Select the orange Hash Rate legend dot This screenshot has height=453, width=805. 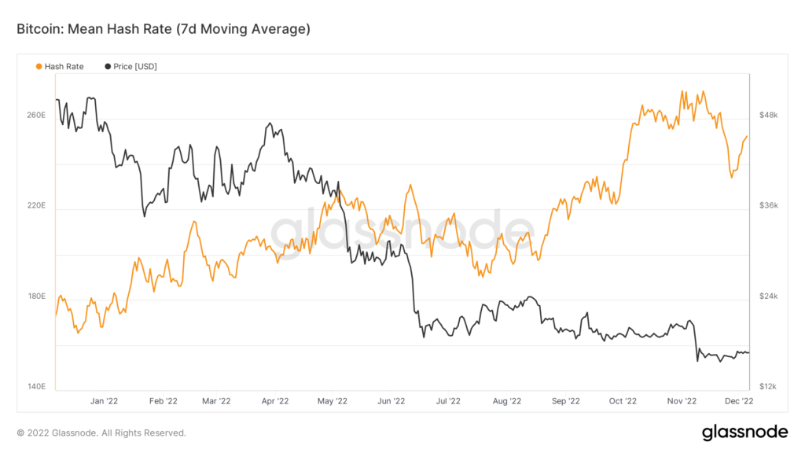39,67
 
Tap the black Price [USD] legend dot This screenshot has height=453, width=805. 108,67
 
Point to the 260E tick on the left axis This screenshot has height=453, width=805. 37,115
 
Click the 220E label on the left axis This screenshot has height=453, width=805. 37,205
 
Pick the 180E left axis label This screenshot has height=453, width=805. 37,296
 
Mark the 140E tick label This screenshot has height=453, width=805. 37,387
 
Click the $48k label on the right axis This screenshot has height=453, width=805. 768,115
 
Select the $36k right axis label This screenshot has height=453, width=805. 768,205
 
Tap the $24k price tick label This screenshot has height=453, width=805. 768,296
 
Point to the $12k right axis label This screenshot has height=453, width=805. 768,387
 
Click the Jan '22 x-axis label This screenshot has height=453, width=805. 104,401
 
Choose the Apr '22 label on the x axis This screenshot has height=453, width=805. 274,401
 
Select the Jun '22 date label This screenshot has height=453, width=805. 390,401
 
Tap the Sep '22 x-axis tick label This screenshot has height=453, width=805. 564,401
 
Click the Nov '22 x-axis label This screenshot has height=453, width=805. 681,401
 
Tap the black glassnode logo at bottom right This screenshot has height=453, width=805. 744,432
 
